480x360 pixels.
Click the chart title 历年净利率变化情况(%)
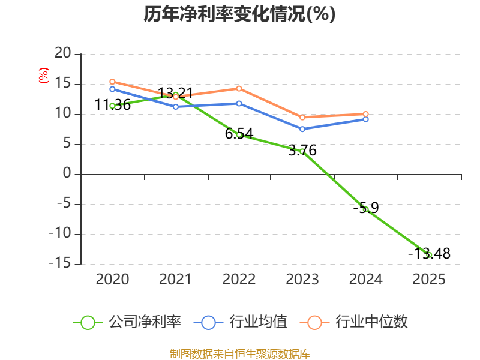tap(239, 14)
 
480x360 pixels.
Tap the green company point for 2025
tap(429, 255)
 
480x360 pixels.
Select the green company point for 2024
tap(365, 209)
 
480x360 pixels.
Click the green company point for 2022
tap(239, 135)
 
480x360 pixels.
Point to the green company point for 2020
tap(112, 106)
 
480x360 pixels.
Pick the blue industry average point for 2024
tap(365, 119)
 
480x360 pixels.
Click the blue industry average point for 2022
tap(239, 103)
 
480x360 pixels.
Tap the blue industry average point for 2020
tap(112, 89)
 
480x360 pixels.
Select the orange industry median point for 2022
tap(239, 88)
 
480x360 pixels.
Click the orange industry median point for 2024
tap(365, 114)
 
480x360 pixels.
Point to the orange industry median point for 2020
tap(112, 82)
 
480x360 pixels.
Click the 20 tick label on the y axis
tap(62, 55)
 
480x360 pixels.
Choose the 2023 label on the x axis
tap(302, 280)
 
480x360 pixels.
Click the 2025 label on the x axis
tap(429, 280)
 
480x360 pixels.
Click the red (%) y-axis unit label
tap(43, 76)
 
